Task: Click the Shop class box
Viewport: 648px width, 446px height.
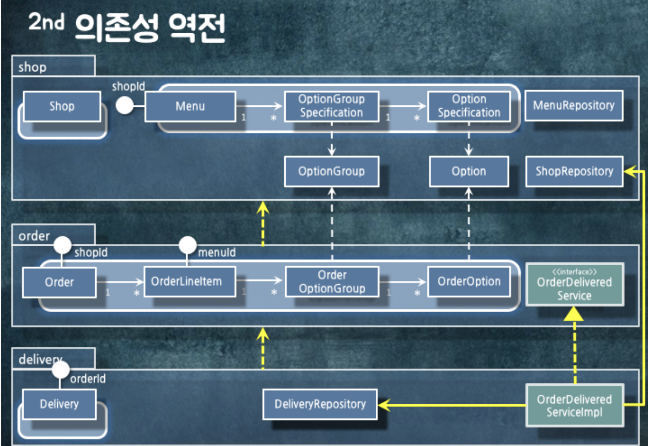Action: pyautogui.click(x=62, y=106)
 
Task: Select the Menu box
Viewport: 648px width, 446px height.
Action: pyautogui.click(x=190, y=106)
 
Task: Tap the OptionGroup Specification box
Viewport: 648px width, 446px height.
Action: pyautogui.click(x=331, y=106)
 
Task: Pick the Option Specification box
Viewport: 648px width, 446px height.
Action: pyautogui.click(x=469, y=106)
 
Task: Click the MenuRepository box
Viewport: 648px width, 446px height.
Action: pyautogui.click(x=573, y=105)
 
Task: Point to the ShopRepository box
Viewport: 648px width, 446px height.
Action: pyautogui.click(x=574, y=171)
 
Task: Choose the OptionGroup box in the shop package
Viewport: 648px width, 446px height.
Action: pyautogui.click(x=331, y=171)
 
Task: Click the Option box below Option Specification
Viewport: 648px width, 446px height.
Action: pyautogui.click(x=469, y=171)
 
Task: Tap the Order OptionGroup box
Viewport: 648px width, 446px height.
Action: pyautogui.click(x=332, y=282)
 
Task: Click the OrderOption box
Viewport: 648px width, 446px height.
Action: pyautogui.click(x=469, y=282)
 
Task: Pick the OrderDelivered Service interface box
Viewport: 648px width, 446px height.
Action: pyautogui.click(x=574, y=284)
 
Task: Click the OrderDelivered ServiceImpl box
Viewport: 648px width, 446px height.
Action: pyautogui.click(x=574, y=405)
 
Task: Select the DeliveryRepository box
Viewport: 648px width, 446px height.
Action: pyautogui.click(x=320, y=404)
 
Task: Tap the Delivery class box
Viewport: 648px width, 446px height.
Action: pyautogui.click(x=59, y=404)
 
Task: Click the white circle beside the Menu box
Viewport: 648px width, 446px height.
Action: pyautogui.click(x=125, y=105)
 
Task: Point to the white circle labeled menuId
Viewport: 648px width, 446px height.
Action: pyautogui.click(x=187, y=245)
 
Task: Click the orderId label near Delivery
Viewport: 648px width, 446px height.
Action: pyautogui.click(x=88, y=379)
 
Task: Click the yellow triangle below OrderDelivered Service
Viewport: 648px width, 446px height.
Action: pyautogui.click(x=574, y=314)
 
